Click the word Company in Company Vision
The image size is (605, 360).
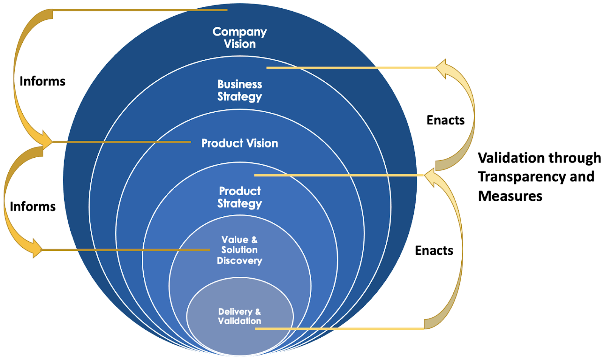coord(239,32)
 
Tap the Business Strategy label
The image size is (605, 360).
coord(240,90)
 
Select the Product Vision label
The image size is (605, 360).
coord(239,143)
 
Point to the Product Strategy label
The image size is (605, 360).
coord(240,197)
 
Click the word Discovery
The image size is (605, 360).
coord(239,261)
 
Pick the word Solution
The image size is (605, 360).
coord(239,250)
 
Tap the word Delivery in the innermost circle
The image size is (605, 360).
coord(235,312)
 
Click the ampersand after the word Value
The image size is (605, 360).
coord(254,240)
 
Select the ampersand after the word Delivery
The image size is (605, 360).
coord(258,312)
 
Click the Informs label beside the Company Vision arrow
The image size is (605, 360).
coord(42,81)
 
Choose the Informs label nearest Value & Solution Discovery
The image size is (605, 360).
coord(33,206)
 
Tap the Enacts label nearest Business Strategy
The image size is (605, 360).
coord(445,120)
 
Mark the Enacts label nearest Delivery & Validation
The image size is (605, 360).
coord(434,250)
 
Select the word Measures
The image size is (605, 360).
coord(510,196)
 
